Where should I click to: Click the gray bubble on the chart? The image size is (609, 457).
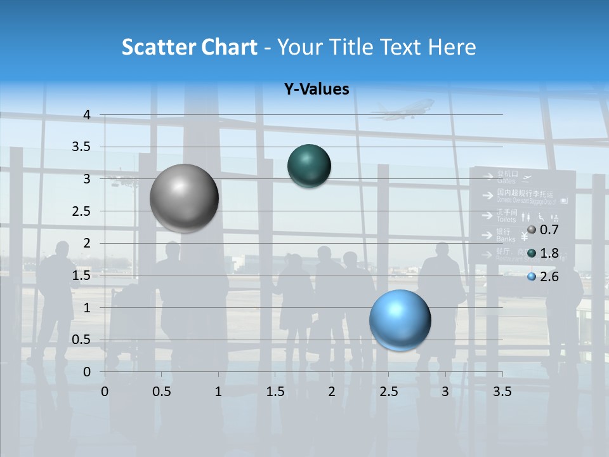[184, 198]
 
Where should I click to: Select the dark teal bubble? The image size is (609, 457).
[309, 166]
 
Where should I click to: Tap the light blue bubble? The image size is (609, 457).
[400, 320]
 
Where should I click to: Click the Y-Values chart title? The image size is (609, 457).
[317, 89]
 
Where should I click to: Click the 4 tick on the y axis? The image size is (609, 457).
[87, 115]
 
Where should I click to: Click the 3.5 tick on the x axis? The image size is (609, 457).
[502, 391]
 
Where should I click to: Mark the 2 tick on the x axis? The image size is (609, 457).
[332, 391]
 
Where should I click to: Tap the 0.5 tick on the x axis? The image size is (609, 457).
[162, 391]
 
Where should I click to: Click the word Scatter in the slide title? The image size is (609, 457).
[158, 47]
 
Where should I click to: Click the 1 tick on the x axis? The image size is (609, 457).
[218, 391]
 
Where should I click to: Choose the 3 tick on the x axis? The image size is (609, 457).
[445, 391]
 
